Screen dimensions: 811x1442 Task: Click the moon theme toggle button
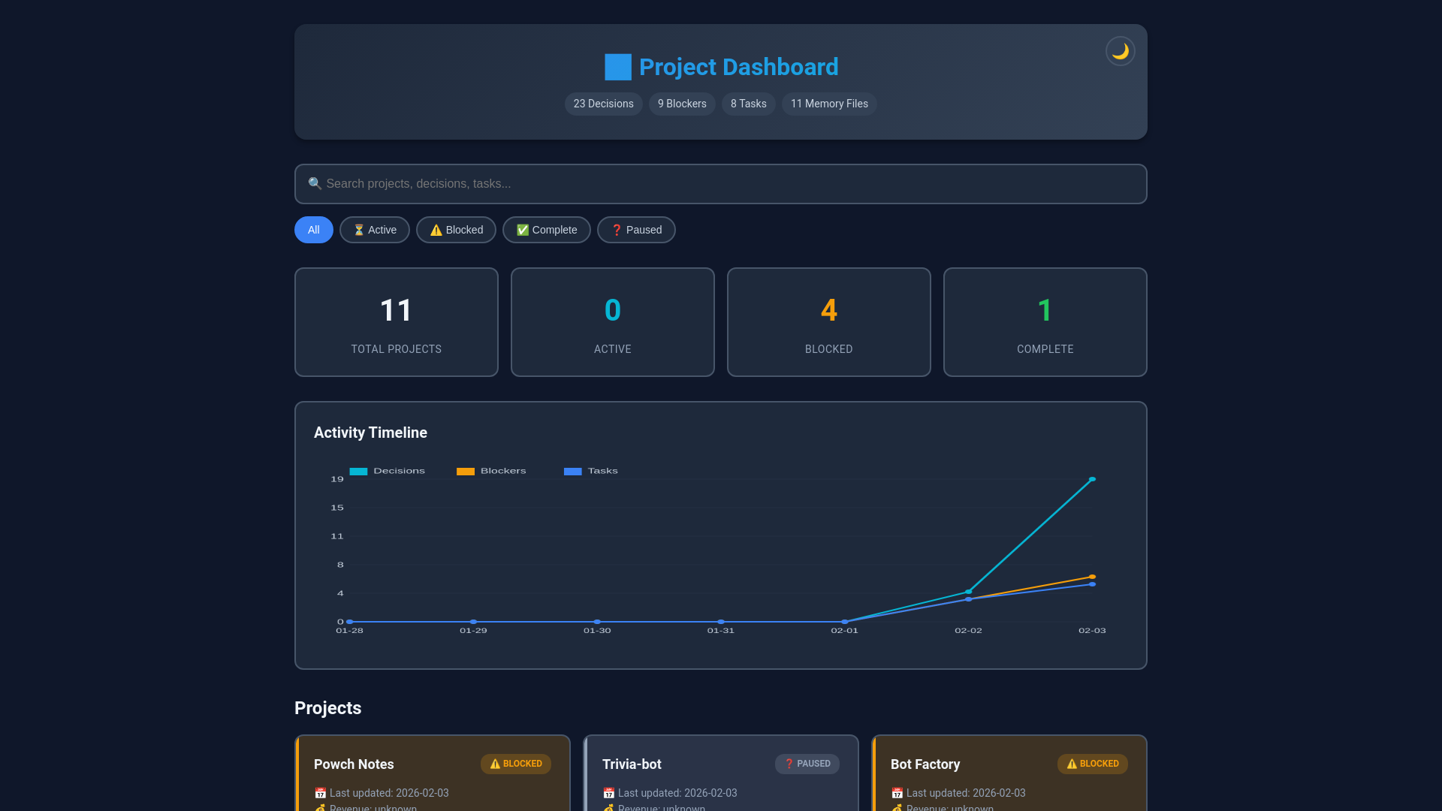1120,51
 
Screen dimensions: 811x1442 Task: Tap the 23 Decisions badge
603,104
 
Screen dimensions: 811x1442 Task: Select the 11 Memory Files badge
829,104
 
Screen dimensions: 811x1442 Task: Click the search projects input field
721,184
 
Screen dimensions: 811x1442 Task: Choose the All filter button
313,230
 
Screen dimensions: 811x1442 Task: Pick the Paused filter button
636,230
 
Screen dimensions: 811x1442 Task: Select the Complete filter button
547,230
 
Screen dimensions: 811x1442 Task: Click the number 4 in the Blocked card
828,310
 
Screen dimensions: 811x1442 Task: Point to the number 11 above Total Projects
396,310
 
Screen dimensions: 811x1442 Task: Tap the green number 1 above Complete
1045,310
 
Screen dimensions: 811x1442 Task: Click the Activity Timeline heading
370,433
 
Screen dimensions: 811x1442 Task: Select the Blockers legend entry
491,471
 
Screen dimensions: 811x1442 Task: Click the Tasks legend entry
591,471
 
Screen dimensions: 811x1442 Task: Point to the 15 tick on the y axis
337,508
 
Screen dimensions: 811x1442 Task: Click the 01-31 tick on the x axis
720,631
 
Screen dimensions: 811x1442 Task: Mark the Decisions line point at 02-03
1092,479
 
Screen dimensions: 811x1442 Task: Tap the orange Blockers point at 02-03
1092,577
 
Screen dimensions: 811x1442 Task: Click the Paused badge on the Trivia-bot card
807,764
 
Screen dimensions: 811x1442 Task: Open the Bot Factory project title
925,764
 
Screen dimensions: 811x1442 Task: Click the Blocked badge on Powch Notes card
516,764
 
